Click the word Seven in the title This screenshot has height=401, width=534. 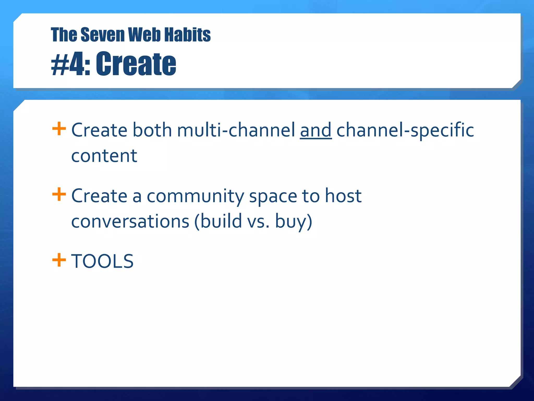pos(103,35)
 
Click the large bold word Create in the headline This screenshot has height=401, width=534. pos(136,64)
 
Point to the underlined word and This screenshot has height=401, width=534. pos(316,130)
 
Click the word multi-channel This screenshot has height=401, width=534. pos(236,130)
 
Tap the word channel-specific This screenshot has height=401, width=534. pos(405,131)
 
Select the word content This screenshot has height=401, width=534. pos(104,156)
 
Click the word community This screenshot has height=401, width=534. pos(195,196)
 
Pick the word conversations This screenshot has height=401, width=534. pos(130,221)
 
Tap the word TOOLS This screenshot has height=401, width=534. pos(102,261)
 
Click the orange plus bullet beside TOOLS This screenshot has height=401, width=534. pos(59,260)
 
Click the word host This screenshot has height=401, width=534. pos(343,196)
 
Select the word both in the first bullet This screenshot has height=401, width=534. pos(152,130)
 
